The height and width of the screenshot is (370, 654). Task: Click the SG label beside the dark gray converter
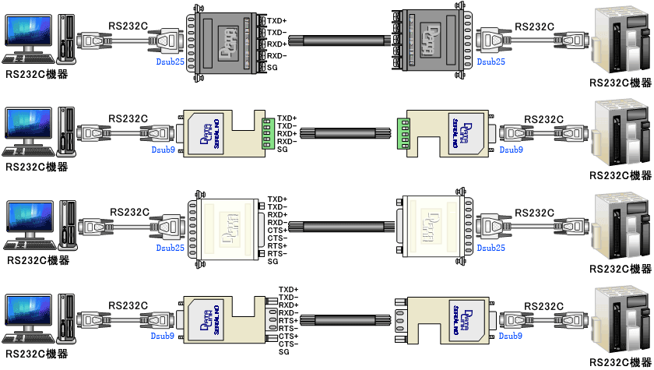coord(272,68)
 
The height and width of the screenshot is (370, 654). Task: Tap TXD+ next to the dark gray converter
coord(276,19)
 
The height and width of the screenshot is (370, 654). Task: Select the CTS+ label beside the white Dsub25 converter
coord(277,230)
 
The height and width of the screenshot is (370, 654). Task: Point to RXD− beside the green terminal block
coord(287,141)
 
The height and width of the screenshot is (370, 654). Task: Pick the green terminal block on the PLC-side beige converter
coord(403,132)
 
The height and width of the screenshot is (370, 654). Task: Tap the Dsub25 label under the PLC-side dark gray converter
coord(490,62)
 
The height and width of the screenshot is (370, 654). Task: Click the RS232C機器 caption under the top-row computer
coord(36,74)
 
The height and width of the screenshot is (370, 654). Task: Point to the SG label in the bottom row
coord(283,352)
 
